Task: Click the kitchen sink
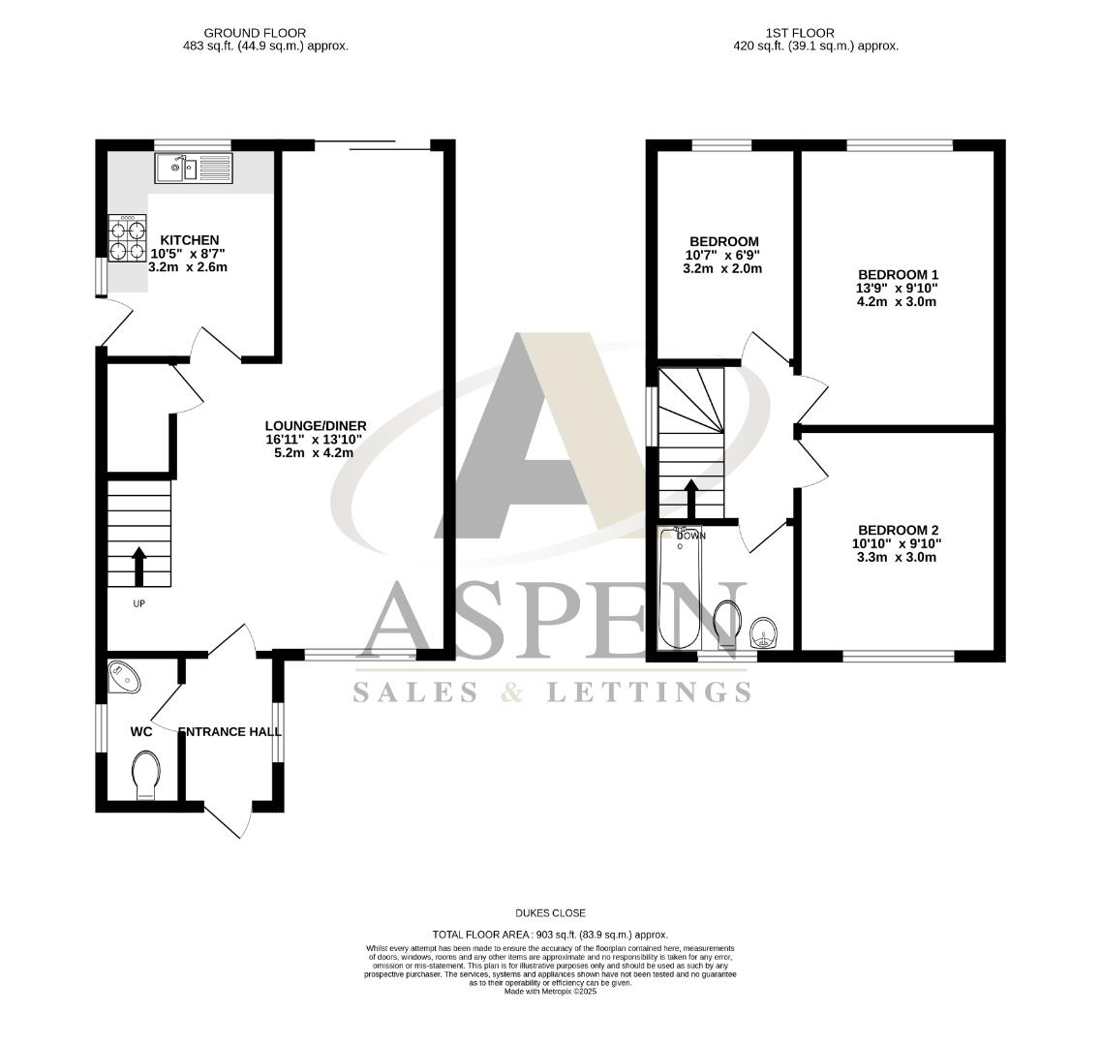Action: pyautogui.click(x=193, y=169)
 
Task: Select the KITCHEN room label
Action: pyautogui.click(x=190, y=240)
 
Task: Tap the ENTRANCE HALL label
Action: pyautogui.click(x=229, y=731)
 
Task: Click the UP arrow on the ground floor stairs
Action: pyautogui.click(x=138, y=566)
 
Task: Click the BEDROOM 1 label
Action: pyautogui.click(x=897, y=274)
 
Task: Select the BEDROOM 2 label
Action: pyautogui.click(x=898, y=530)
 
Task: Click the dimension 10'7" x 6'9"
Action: pyautogui.click(x=723, y=256)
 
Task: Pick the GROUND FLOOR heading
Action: pyautogui.click(x=264, y=33)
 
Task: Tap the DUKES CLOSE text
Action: pyautogui.click(x=550, y=913)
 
